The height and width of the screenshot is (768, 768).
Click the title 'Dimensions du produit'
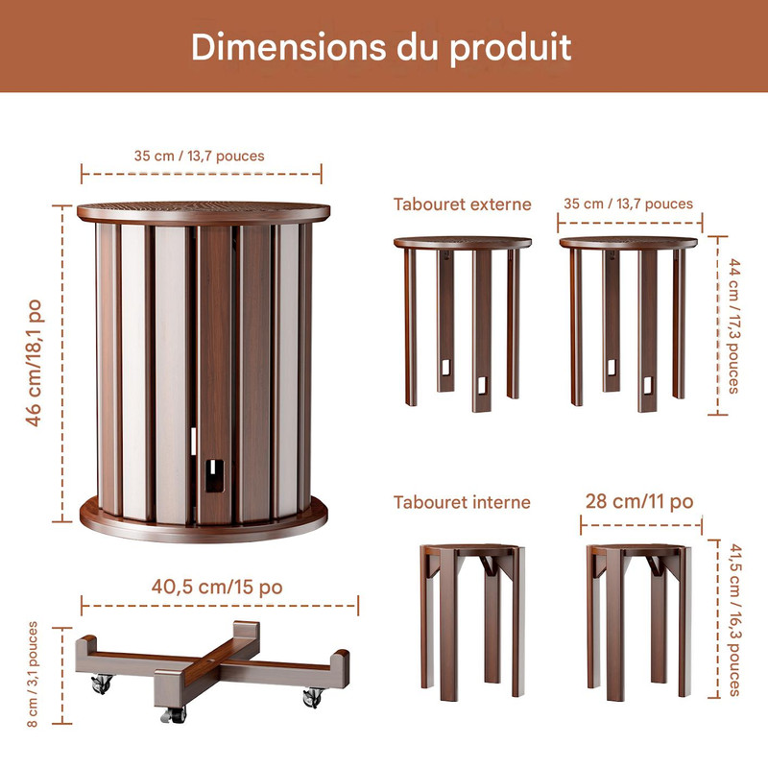[x=381, y=47]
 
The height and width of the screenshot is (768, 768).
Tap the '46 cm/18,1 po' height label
[x=35, y=363]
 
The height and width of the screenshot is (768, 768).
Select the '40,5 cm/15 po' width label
[x=217, y=587]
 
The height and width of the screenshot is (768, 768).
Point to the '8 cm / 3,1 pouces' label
[x=33, y=674]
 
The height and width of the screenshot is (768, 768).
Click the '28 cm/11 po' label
[x=639, y=501]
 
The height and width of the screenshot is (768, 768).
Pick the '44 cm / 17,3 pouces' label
[x=733, y=325]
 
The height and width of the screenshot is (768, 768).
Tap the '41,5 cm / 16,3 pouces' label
[x=734, y=619]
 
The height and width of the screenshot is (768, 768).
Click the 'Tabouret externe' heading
[x=463, y=204]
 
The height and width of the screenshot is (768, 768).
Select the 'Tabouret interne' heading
[x=462, y=502]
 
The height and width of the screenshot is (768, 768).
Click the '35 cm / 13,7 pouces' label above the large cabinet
[x=200, y=156]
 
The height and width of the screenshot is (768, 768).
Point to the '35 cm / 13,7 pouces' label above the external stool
[x=629, y=204]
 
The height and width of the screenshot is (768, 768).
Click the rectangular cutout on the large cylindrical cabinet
[x=214, y=475]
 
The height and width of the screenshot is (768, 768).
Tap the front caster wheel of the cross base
[x=174, y=714]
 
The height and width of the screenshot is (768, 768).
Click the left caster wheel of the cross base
[x=102, y=684]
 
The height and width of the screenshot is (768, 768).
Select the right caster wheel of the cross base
[x=314, y=698]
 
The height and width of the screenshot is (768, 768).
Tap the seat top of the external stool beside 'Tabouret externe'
[x=463, y=243]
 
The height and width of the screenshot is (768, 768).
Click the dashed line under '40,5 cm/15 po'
[x=220, y=606]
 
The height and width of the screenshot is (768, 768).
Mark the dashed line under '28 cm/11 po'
[x=641, y=525]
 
